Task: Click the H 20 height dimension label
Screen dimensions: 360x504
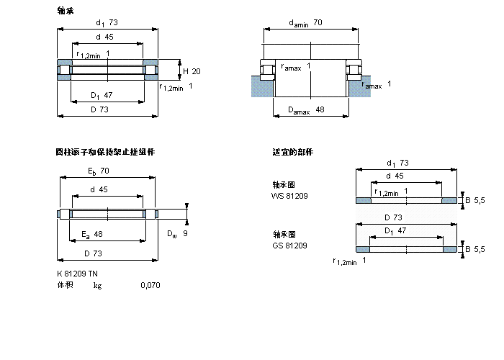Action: coord(192,71)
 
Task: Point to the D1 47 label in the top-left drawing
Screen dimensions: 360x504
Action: coord(101,95)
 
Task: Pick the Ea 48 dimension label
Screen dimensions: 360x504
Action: coord(92,234)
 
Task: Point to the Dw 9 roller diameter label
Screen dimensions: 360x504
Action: coord(177,233)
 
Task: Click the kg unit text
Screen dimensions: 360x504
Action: coord(97,286)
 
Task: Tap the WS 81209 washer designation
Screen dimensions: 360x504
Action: coord(289,196)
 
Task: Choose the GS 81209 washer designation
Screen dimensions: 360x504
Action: coord(289,246)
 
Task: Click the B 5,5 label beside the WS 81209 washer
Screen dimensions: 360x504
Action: coord(476,199)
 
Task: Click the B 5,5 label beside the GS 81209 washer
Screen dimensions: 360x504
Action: coord(476,249)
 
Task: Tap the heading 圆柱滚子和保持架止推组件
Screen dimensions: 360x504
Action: coord(105,152)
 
